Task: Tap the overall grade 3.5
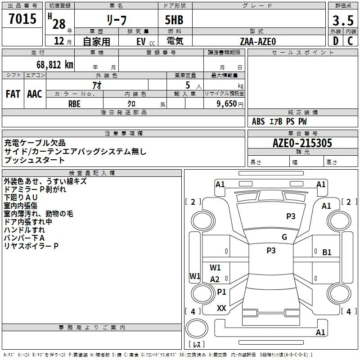click(x=342, y=21)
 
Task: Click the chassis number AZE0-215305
click(x=302, y=144)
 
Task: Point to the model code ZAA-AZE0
click(x=258, y=41)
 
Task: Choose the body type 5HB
click(x=171, y=21)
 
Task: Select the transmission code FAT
click(x=13, y=94)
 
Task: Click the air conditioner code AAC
click(x=35, y=94)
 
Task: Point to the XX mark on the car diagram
click(x=221, y=308)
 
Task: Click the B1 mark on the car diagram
click(x=327, y=252)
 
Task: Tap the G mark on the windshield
click(x=284, y=237)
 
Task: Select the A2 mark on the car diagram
click(x=215, y=279)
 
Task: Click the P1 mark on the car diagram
click(x=221, y=292)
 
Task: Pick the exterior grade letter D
click(x=336, y=41)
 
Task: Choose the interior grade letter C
click(x=350, y=41)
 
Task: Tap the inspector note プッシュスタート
click(x=34, y=160)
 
